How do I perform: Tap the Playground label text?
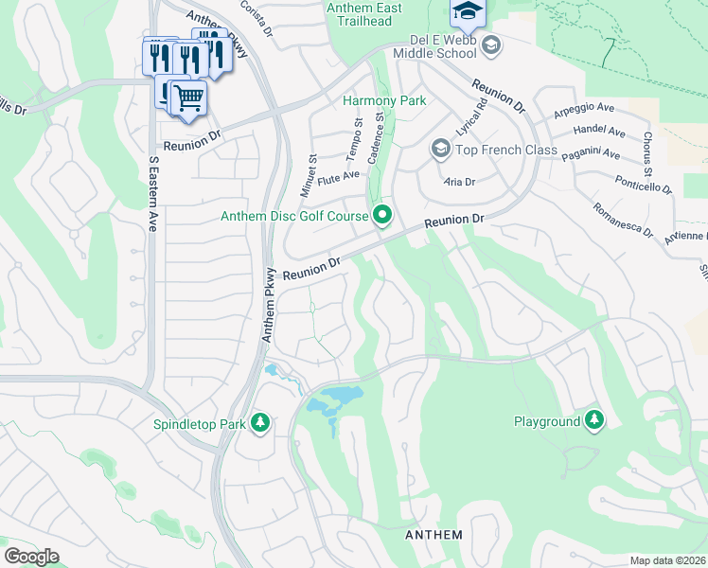[546, 420]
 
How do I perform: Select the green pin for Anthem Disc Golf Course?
[382, 217]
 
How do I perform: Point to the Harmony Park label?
[384, 100]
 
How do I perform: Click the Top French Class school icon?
[439, 149]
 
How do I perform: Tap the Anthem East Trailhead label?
[363, 15]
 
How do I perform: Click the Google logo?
[31, 557]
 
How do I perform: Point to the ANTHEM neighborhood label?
[434, 535]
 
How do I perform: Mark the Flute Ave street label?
[340, 177]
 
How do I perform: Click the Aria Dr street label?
[459, 181]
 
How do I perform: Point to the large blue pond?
[334, 401]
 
